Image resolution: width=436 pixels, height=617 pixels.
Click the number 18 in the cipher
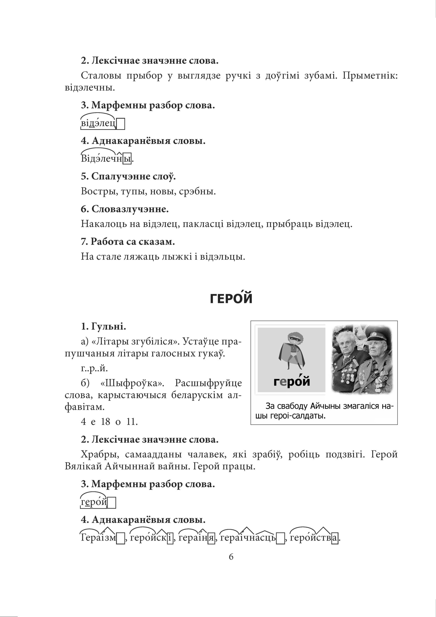[106, 422]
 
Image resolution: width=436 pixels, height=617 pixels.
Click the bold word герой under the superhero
[291, 382]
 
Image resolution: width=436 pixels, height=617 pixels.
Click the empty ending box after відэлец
[121, 124]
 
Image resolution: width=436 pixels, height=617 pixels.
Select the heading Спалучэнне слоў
[128, 177]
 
